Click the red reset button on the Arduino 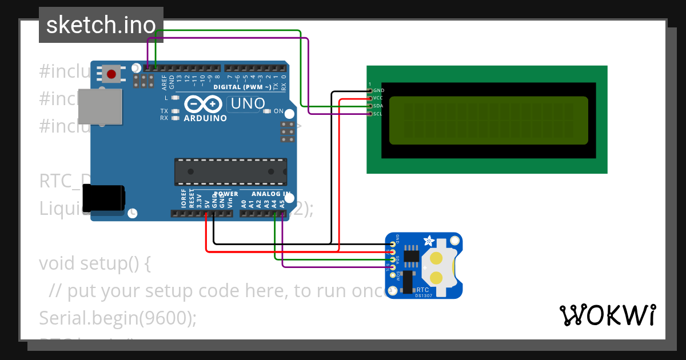(x=111, y=74)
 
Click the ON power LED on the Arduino (x=266, y=111)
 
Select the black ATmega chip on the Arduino (x=230, y=171)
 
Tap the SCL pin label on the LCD (x=378, y=114)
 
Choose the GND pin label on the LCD (x=378, y=90)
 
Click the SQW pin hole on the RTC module (x=393, y=275)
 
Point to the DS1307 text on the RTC (x=424, y=295)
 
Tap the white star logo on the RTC (x=427, y=241)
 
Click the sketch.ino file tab (x=101, y=25)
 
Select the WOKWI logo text (x=607, y=315)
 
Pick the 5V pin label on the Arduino (x=206, y=202)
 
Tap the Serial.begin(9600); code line (x=118, y=318)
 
